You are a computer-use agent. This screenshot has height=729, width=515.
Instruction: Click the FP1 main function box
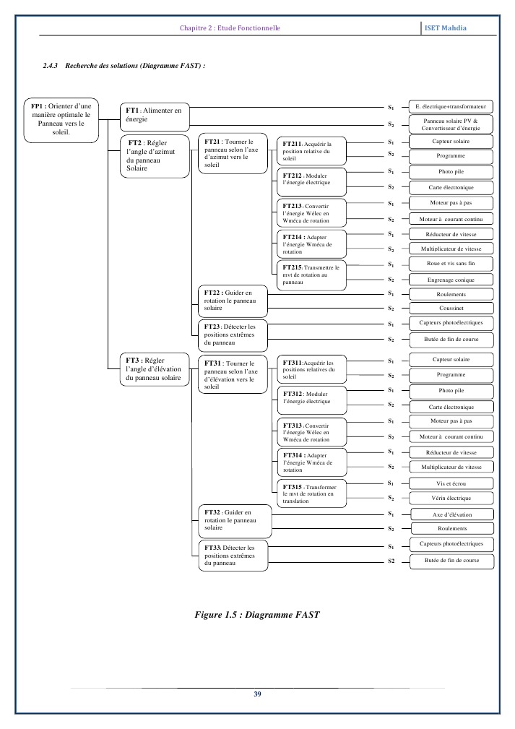coord(61,118)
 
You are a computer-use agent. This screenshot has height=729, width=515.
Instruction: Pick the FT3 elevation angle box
coord(155,368)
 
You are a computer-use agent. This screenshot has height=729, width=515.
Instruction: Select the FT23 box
coord(233,334)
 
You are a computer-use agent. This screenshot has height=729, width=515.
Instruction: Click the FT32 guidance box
coord(233,520)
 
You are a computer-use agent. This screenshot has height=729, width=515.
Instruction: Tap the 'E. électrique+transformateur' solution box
coord(451,106)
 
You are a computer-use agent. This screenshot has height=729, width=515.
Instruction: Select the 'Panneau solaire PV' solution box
coord(451,124)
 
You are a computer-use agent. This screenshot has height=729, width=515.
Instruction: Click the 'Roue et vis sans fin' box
coord(451,264)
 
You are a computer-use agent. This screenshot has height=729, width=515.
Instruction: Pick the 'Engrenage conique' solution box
coord(451,280)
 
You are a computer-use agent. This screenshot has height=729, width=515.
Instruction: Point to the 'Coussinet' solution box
coord(451,309)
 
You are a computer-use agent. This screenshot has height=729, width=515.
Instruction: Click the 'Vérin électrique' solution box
coord(451,499)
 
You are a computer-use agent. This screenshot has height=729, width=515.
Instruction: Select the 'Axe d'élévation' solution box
coord(451,514)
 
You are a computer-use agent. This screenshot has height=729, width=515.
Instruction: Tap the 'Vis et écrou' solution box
coord(451,483)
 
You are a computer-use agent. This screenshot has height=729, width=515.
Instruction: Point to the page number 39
coord(257,694)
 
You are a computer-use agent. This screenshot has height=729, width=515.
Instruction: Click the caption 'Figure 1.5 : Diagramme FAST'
coord(257,615)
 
